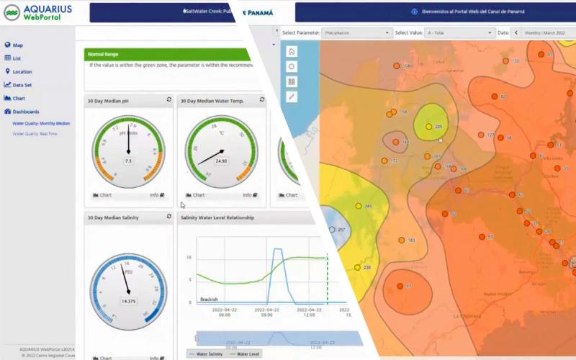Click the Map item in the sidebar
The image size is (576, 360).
pos(18,45)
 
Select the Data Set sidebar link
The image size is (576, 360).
pos(22,85)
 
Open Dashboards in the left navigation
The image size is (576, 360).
pos(25,112)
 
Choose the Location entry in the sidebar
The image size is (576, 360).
pos(22,72)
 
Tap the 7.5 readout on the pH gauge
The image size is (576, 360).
pos(129,161)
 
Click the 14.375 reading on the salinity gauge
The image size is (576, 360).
pos(129,301)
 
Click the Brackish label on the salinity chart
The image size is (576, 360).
pos(209,299)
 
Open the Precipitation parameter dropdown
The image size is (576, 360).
pos(356,33)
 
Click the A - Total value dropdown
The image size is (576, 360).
pos(459,33)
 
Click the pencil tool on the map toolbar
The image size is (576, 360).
pos(292,96)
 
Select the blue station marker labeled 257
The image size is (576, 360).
pos(332,230)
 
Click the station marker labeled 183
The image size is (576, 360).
pos(402,240)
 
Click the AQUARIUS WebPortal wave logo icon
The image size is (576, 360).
pos(12,12)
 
